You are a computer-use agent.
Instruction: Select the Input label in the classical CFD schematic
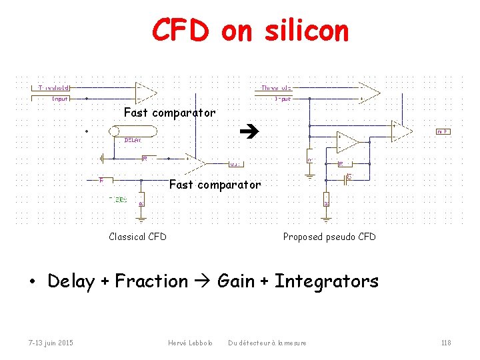coord(61,99)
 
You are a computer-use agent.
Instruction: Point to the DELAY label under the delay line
coord(133,140)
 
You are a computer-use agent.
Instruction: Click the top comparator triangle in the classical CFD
coord(146,91)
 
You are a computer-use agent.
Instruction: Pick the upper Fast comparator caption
coord(169,113)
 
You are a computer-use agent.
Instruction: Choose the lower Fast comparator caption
coord(215,185)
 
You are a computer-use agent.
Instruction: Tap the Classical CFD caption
coord(137,237)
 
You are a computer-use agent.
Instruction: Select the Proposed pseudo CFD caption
coord(329,237)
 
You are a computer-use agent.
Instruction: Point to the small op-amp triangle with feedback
coord(347,142)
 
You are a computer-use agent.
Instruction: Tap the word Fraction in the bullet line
coord(151,281)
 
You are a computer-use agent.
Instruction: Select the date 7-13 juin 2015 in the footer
coord(51,343)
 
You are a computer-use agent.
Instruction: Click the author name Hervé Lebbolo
coord(190,343)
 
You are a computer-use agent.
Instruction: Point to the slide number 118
coord(446,343)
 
